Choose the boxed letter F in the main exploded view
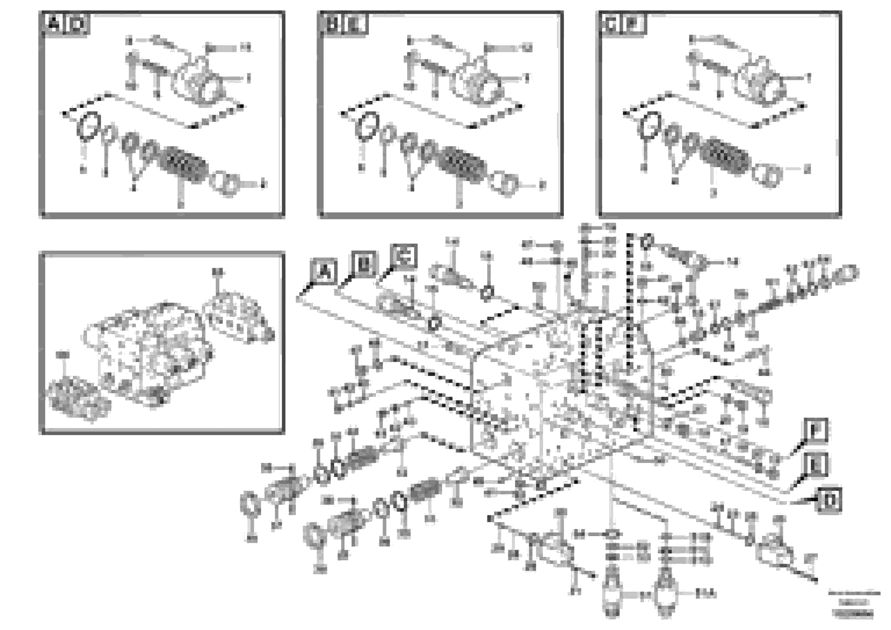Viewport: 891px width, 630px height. tap(815, 431)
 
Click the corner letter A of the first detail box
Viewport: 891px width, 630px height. tap(54, 24)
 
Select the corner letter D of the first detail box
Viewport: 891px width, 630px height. tap(78, 25)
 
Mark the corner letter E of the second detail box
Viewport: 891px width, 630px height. tap(356, 25)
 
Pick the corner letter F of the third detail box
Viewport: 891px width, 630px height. tap(634, 25)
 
